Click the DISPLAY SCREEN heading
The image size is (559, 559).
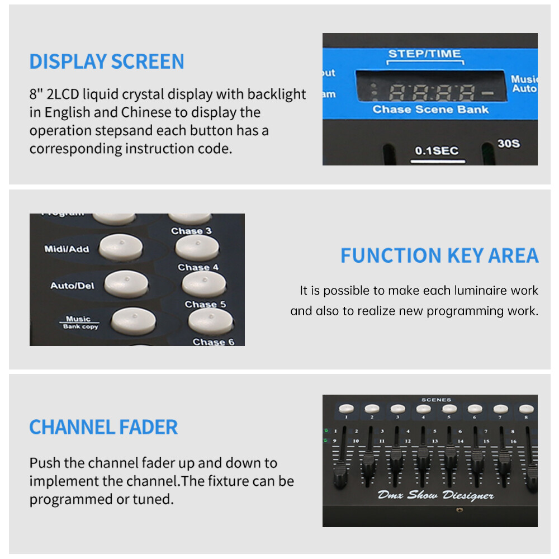pos(106,61)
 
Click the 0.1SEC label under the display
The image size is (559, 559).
pos(437,150)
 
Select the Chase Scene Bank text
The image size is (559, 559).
pos(430,110)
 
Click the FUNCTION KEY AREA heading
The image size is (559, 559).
pos(439,255)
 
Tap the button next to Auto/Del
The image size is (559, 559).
pos(126,283)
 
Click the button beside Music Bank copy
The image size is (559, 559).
pos(133,320)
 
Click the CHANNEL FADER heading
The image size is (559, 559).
pos(103,427)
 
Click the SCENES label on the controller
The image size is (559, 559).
pos(437,400)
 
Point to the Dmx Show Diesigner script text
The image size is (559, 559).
pos(435,495)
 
